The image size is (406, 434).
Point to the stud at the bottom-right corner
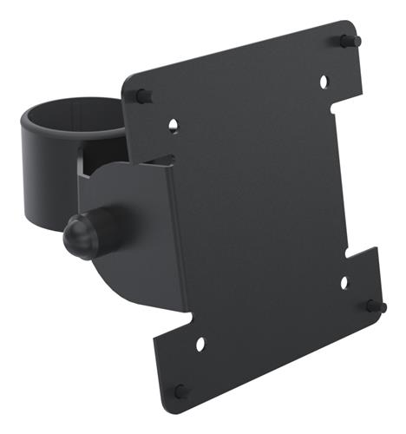click(376, 306)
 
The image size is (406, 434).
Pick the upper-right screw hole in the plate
click(324, 82)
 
